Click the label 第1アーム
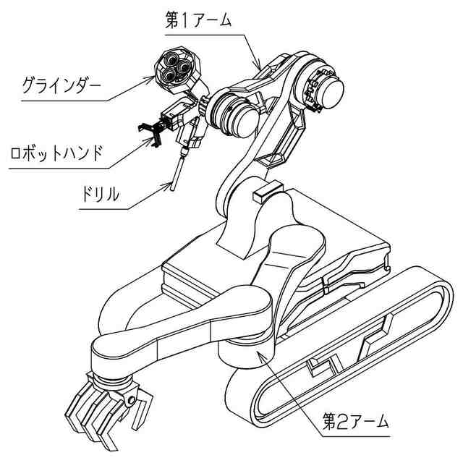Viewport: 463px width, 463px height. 198,20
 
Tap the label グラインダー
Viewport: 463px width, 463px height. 61,89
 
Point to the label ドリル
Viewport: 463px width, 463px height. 100,195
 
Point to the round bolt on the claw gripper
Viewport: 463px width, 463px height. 131,399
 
